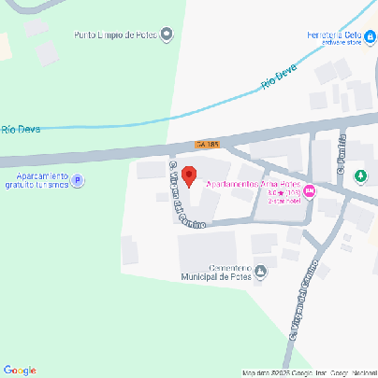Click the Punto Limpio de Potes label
click(x=116, y=35)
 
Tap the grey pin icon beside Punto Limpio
click(x=167, y=35)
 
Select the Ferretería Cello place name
click(x=334, y=35)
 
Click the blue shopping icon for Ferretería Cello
click(x=370, y=36)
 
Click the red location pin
click(x=188, y=175)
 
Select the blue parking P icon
click(x=79, y=181)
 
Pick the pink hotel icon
click(x=310, y=191)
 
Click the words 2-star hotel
click(x=283, y=201)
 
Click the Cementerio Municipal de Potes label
click(x=219, y=268)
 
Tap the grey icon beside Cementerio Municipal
click(x=261, y=273)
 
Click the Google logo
click(x=19, y=371)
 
